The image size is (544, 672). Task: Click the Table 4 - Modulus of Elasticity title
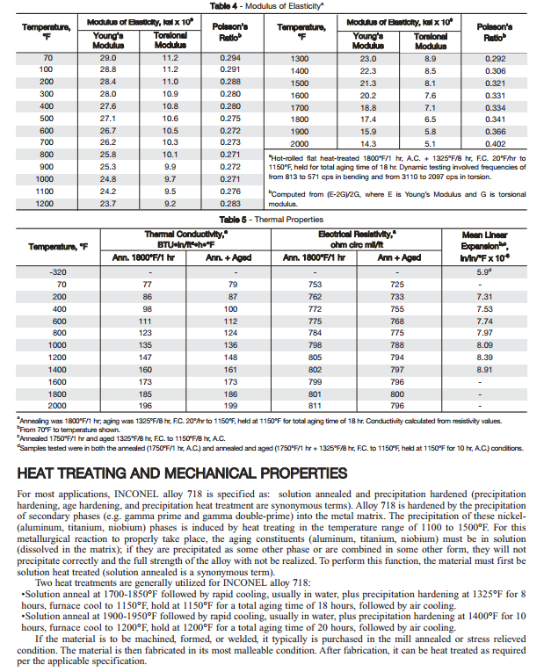point(272,5)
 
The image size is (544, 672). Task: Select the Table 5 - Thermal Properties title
point(272,219)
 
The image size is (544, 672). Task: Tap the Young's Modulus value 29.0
point(108,57)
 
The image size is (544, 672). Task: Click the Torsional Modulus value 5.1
point(431,143)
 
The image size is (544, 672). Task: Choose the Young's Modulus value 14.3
point(367,143)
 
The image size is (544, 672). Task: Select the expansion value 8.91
point(484,371)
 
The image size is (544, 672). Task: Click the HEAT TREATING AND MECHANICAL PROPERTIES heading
point(182,473)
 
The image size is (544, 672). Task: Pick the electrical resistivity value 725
point(397,285)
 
